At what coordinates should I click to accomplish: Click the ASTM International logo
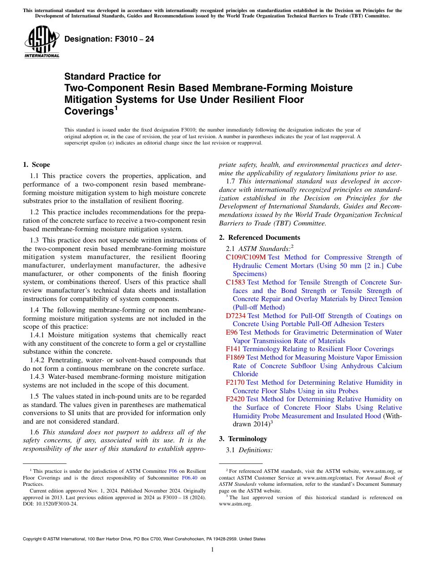pyautogui.click(x=42, y=42)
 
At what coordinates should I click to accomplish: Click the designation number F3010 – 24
pyautogui.click(x=109, y=39)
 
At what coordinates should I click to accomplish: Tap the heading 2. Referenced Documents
pyautogui.click(x=259, y=238)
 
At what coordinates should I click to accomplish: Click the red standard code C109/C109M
pyautogui.click(x=246, y=257)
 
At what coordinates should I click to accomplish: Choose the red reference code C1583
pyautogui.click(x=236, y=282)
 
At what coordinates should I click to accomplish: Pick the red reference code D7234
pyautogui.click(x=236, y=316)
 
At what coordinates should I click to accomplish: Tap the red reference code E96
pyautogui.click(x=232, y=332)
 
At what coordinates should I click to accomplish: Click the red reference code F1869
pyautogui.click(x=235, y=357)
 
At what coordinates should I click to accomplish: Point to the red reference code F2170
pyautogui.click(x=235, y=382)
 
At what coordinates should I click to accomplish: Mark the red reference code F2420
pyautogui.click(x=235, y=399)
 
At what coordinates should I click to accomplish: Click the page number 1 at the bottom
pyautogui.click(x=212, y=549)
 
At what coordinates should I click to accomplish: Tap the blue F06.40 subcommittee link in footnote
pyautogui.click(x=191, y=477)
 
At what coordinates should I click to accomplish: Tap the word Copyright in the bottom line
pyautogui.click(x=33, y=539)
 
